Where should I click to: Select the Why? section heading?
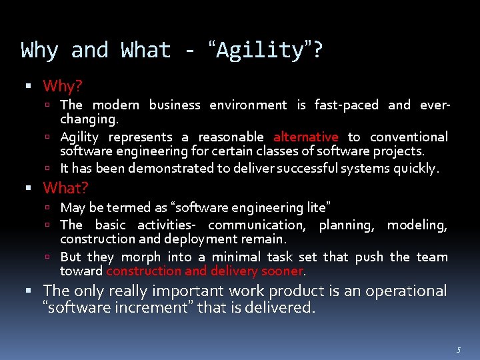coord(63,86)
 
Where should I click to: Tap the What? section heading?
coord(65,188)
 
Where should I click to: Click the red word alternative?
coord(305,137)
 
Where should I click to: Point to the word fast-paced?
coord(346,105)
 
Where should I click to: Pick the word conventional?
coord(409,137)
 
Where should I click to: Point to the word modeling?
coord(417,225)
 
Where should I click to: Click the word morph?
coord(140,257)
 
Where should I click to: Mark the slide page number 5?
coord(459,349)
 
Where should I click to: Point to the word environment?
coord(248,105)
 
